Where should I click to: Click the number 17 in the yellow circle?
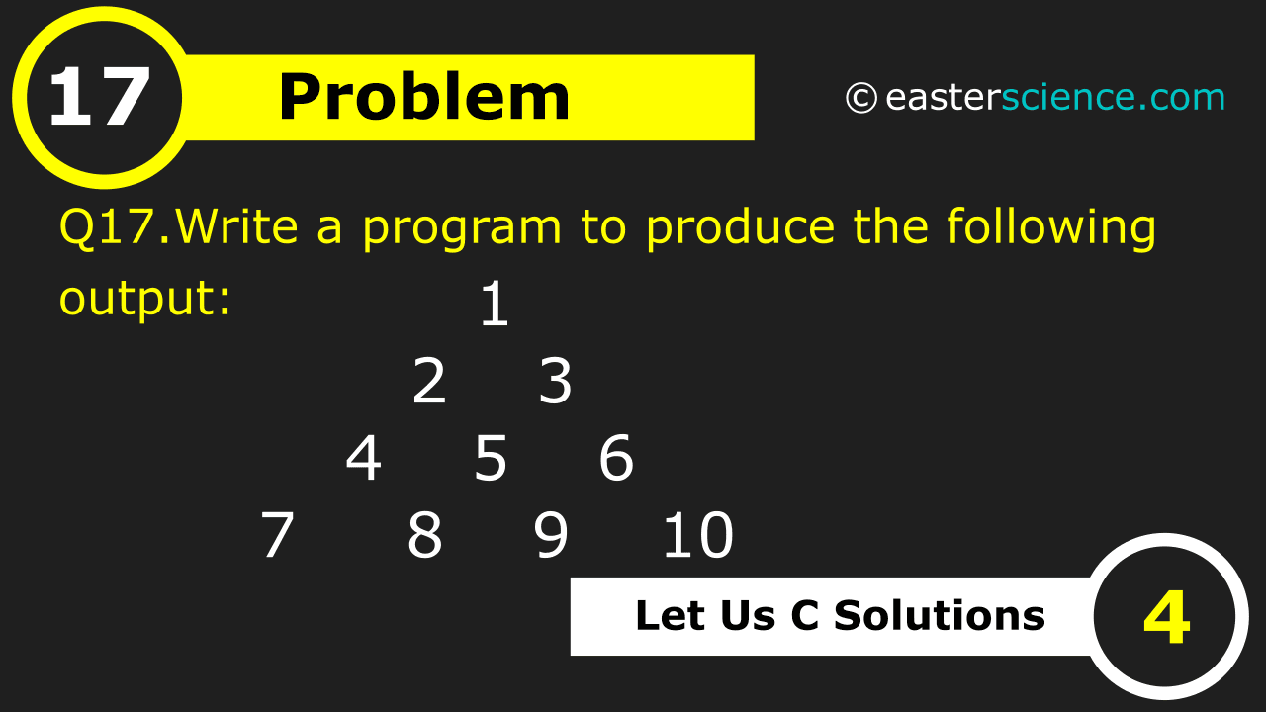tap(99, 99)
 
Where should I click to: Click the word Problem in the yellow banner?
tap(424, 98)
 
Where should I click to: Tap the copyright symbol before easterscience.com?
tap(860, 98)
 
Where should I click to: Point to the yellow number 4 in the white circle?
tap(1167, 618)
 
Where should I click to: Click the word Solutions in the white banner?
tap(939, 615)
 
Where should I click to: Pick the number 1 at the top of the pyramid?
tap(494, 305)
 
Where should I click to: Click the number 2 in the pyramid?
tap(429, 383)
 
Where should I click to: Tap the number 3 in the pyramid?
tap(556, 383)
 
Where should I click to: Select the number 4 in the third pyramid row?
tap(363, 460)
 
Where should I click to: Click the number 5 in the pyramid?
tap(492, 460)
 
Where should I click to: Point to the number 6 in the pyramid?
tap(616, 460)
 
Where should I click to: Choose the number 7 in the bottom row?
tap(277, 536)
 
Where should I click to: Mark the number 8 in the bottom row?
tap(424, 536)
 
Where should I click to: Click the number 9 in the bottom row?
tap(551, 536)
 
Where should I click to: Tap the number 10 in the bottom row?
tap(697, 536)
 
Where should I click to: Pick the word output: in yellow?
tap(145, 297)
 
